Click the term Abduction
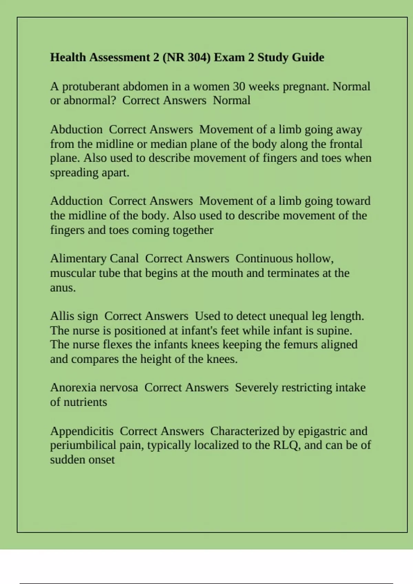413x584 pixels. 76,130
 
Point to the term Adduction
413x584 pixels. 76,201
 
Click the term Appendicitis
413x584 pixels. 82,431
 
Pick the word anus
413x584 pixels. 62,288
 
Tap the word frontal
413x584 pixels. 346,144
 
